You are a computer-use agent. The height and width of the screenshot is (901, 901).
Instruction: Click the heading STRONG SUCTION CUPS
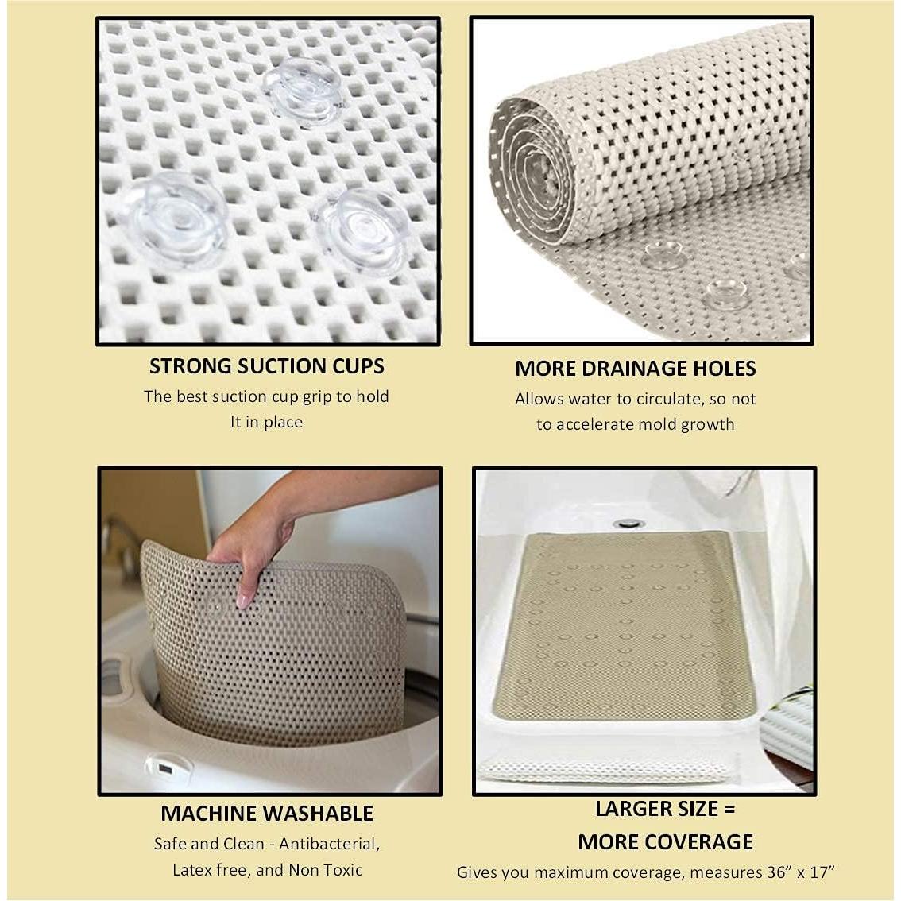coord(266,366)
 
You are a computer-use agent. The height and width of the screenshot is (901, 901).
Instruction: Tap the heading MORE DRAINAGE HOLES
coord(635,369)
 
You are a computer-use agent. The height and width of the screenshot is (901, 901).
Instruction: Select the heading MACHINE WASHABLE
coord(266,814)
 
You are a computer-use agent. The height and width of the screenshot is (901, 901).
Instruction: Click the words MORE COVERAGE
coord(665,842)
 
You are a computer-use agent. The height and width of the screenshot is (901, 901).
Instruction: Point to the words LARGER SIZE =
coord(665,809)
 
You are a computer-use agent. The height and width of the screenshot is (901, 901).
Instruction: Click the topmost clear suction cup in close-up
coord(303,88)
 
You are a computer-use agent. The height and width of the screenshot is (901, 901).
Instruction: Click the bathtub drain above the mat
coord(628,523)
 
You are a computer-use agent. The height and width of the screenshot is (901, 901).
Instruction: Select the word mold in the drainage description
coord(659,424)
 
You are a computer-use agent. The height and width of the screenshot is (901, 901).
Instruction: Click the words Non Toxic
coord(326,870)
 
